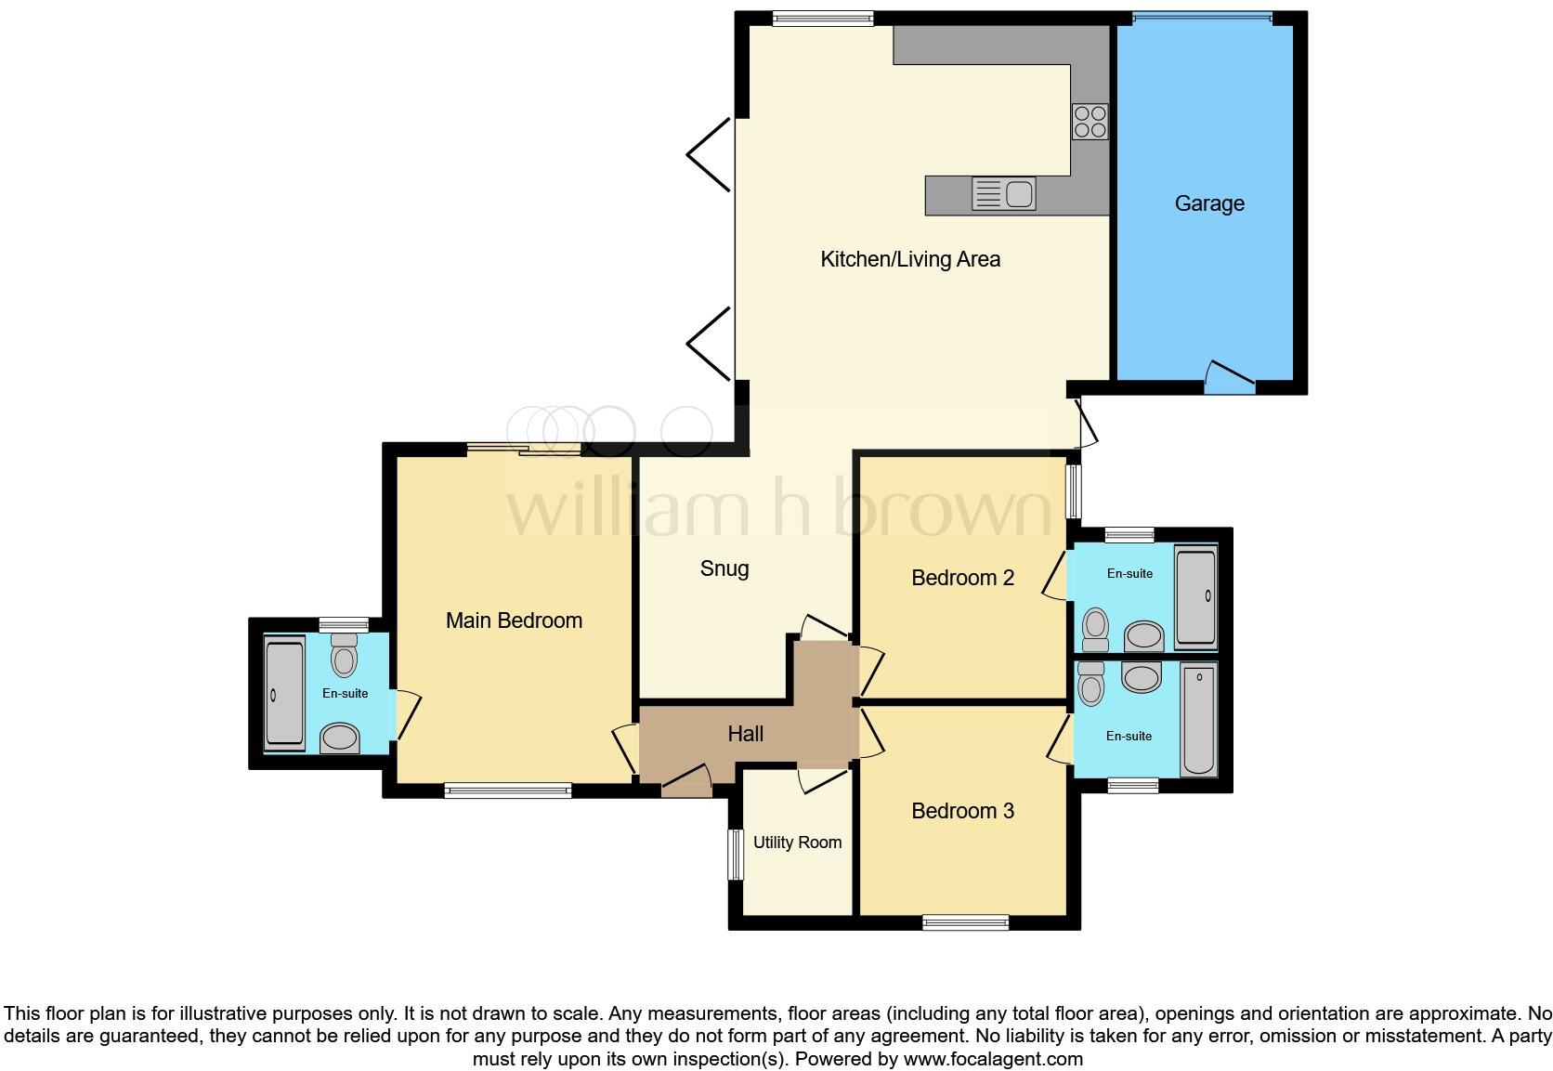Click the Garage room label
click(x=1208, y=203)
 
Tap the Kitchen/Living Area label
click(x=909, y=259)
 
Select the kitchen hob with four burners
click(x=1090, y=121)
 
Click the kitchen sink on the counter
click(x=1003, y=194)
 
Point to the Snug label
click(x=724, y=568)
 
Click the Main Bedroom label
click(x=514, y=620)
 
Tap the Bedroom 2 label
click(x=962, y=578)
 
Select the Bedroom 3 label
click(x=962, y=811)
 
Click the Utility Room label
click(x=797, y=842)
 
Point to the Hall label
click(x=745, y=734)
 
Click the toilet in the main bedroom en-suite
click(x=345, y=655)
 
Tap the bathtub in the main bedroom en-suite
click(x=284, y=693)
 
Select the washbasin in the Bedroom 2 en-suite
click(x=1143, y=637)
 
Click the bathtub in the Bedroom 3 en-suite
click(x=1198, y=719)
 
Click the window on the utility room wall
click(x=736, y=854)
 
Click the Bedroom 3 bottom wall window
click(x=965, y=922)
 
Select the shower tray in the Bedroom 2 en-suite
click(x=1195, y=598)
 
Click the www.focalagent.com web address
click(x=992, y=1059)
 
